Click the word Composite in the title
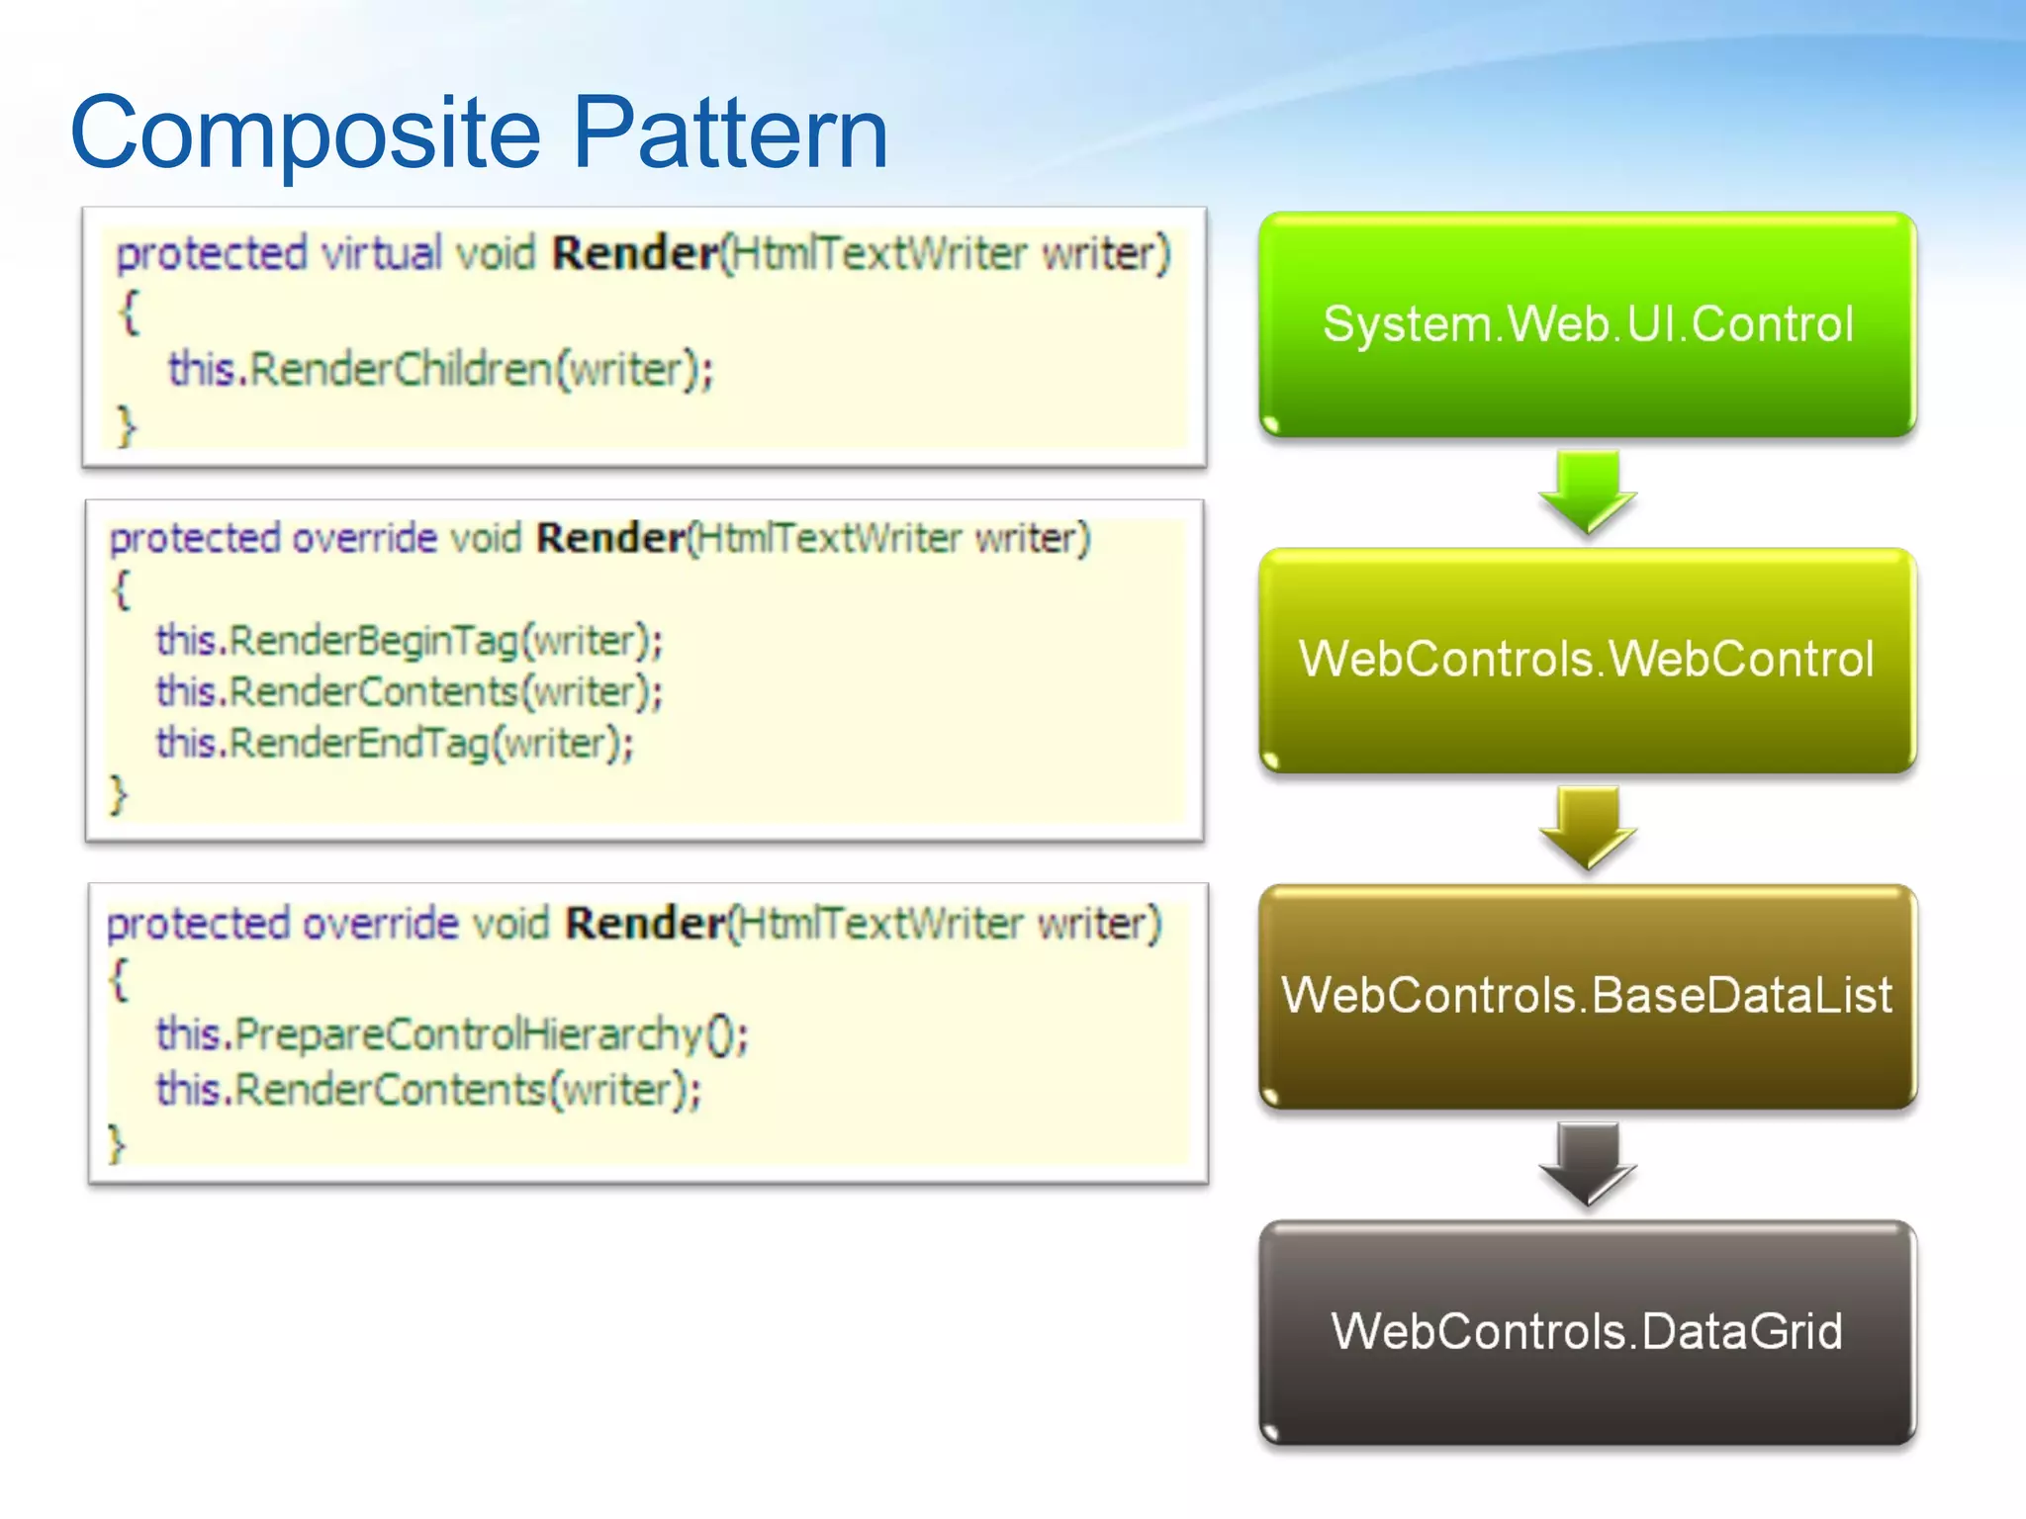pyautogui.click(x=306, y=134)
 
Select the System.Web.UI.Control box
pyautogui.click(x=1588, y=324)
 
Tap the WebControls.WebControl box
pyautogui.click(x=1588, y=660)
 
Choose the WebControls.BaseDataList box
pyautogui.click(x=1588, y=996)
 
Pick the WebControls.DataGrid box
pyautogui.click(x=1588, y=1332)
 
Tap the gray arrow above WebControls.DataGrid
pyautogui.click(x=1588, y=1163)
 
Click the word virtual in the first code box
pyautogui.click(x=382, y=253)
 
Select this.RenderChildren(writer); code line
pyautogui.click(x=440, y=370)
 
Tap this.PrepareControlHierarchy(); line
pyautogui.click(x=452, y=1034)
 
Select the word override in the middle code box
pyautogui.click(x=364, y=539)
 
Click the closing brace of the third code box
pyautogui.click(x=117, y=1143)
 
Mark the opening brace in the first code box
pyautogui.click(x=129, y=313)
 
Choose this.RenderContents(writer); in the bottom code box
pyautogui.click(x=428, y=1090)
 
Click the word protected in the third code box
pyautogui.click(x=198, y=924)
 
